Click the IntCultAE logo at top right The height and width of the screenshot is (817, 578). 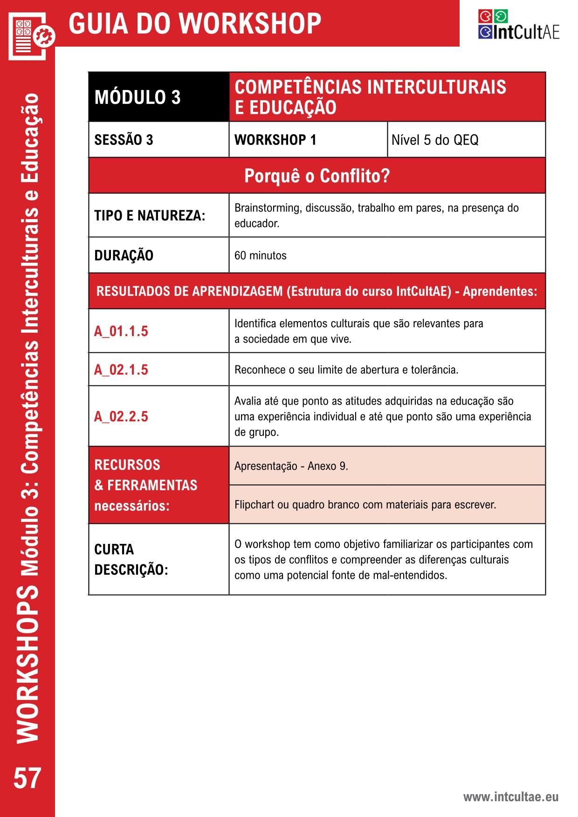(x=518, y=24)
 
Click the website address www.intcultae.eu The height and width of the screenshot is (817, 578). (x=510, y=797)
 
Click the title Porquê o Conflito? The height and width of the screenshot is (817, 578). (x=317, y=176)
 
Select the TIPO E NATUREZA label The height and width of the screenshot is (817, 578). (x=150, y=216)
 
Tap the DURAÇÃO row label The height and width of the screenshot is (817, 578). (x=124, y=255)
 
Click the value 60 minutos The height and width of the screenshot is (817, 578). (x=260, y=255)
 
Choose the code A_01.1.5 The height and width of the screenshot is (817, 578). (x=121, y=331)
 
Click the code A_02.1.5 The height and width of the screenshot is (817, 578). (x=121, y=370)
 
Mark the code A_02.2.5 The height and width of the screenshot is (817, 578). (x=121, y=416)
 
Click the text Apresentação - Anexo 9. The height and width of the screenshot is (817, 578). (x=291, y=466)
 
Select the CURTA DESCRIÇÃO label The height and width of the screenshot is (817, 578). (x=131, y=559)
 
